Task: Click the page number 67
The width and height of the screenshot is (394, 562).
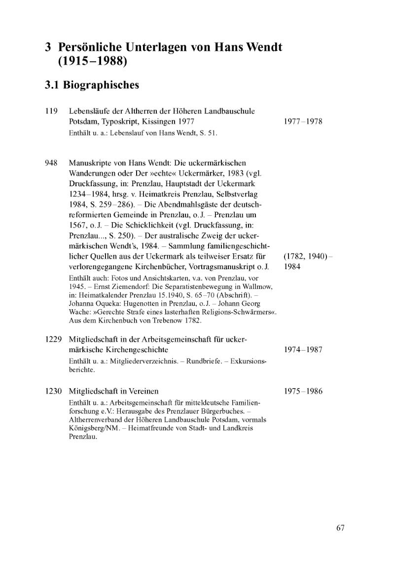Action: pyautogui.click(x=340, y=528)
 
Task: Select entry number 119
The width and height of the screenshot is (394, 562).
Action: pyautogui.click(x=52, y=111)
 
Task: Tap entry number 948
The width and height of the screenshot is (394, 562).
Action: pyautogui.click(x=52, y=162)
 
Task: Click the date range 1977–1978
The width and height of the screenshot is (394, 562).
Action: pyautogui.click(x=303, y=121)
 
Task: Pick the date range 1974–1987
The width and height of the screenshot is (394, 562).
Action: pyautogui.click(x=303, y=350)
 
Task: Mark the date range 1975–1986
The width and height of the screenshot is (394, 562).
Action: pyautogui.click(x=303, y=391)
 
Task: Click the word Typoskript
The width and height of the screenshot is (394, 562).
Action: pyautogui.click(x=112, y=121)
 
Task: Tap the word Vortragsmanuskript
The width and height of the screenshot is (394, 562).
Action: pyautogui.click(x=218, y=266)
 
